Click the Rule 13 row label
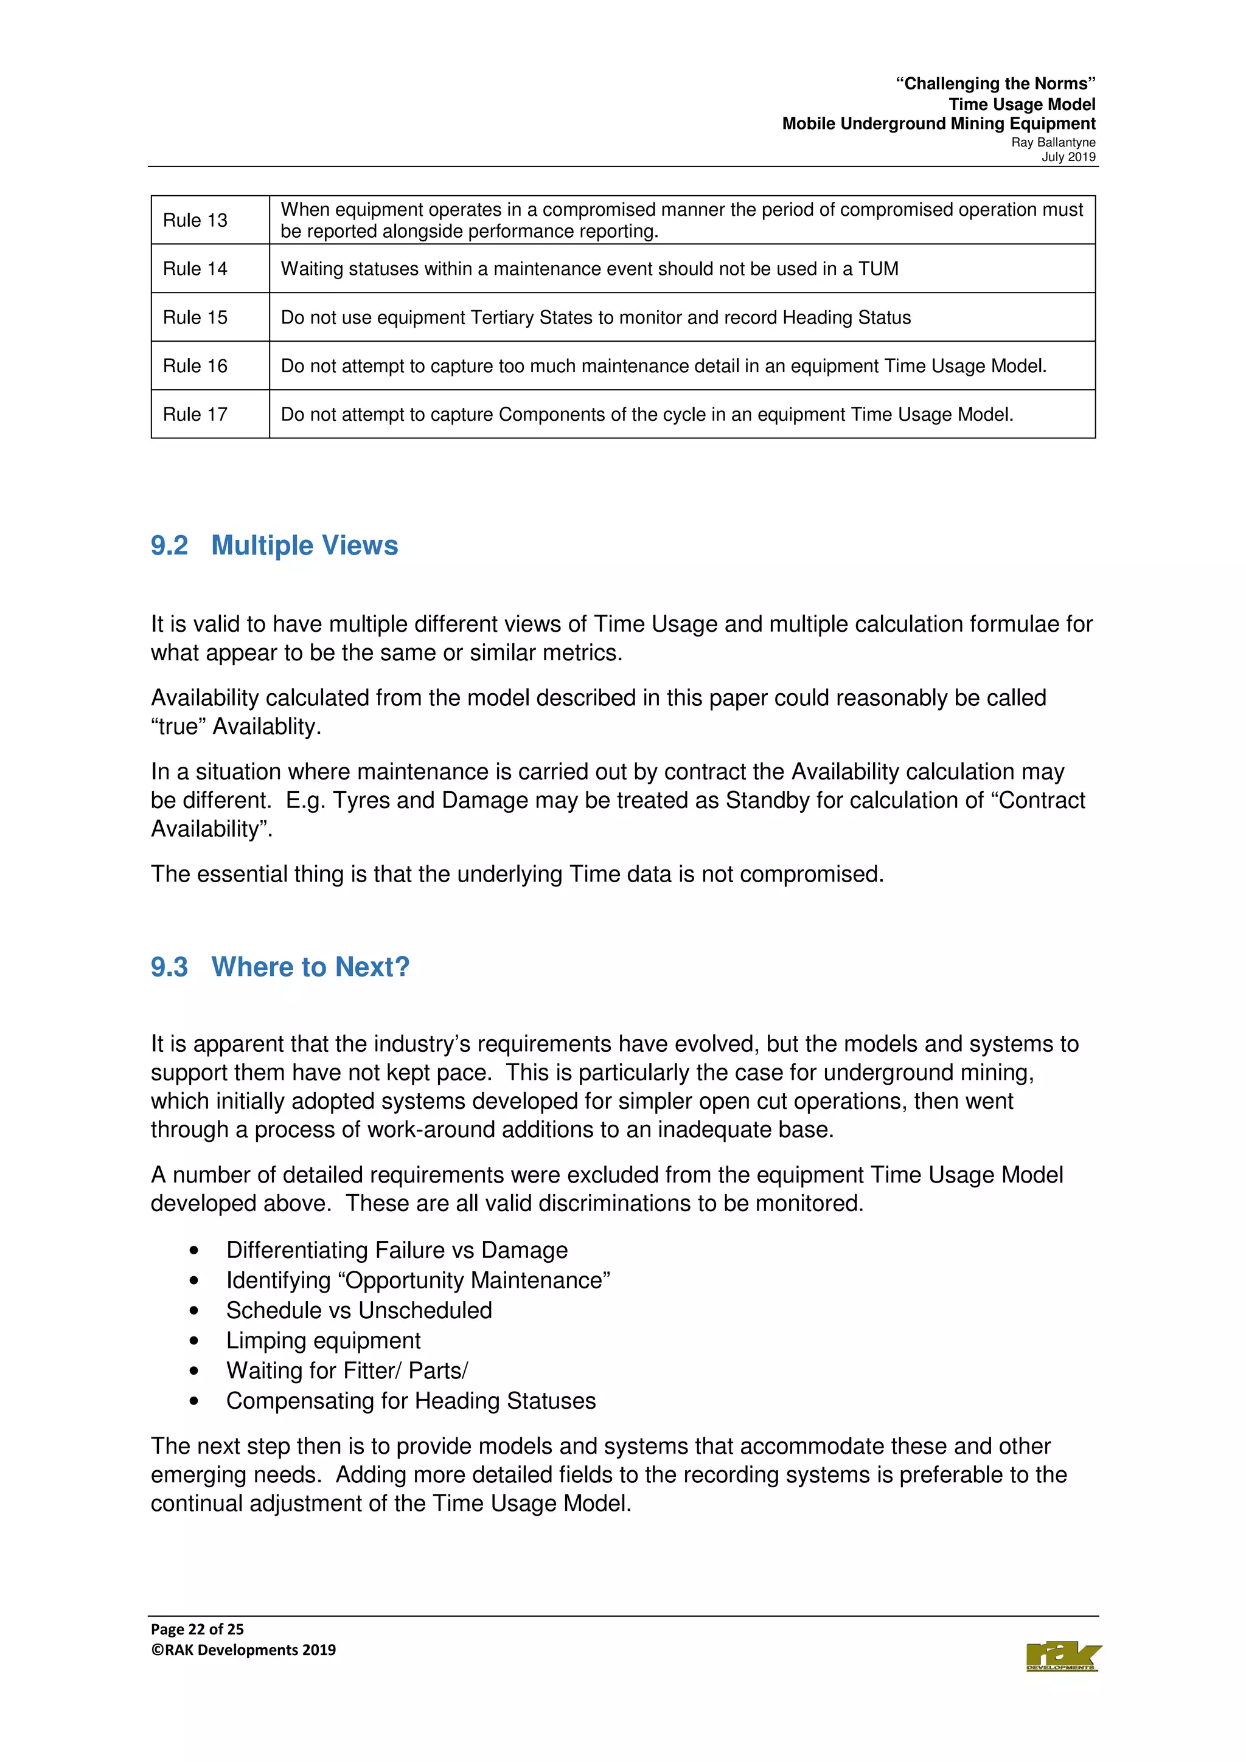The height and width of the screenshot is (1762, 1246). tap(195, 220)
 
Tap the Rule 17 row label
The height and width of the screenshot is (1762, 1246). tap(195, 415)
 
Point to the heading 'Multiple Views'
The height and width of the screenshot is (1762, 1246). tap(304, 545)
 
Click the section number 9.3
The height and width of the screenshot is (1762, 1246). tap(169, 967)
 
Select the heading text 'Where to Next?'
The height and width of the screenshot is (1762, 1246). tap(310, 967)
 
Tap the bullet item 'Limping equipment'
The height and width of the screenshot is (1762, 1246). tap(323, 1341)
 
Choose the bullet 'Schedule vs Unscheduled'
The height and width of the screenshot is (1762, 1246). tap(358, 1311)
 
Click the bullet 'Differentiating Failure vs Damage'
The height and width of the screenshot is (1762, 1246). tap(397, 1250)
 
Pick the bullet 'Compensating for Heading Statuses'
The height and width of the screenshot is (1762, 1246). tap(411, 1401)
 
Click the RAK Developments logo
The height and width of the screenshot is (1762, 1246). tap(1062, 1657)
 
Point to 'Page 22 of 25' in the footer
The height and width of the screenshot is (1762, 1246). tap(197, 1629)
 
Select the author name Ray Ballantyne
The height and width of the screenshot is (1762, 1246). tap(1053, 143)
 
